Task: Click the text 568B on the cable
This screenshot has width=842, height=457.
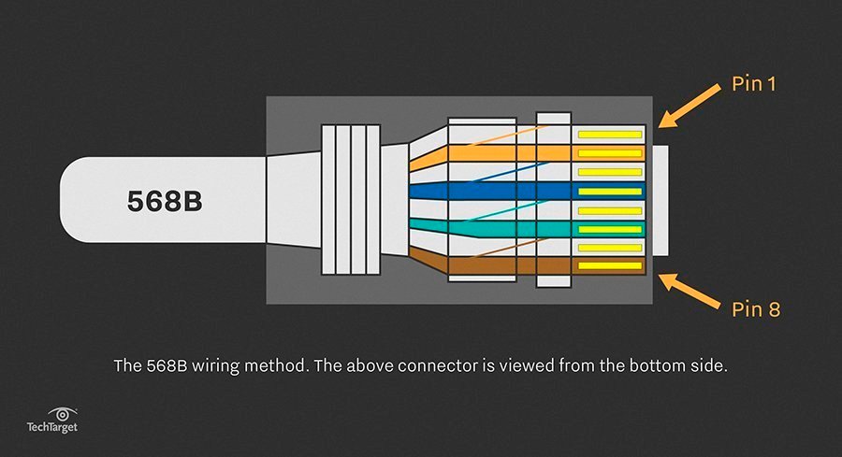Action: pyautogui.click(x=164, y=200)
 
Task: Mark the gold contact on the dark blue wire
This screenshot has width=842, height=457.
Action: pyautogui.click(x=610, y=192)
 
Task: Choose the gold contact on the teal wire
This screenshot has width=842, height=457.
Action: pyautogui.click(x=610, y=229)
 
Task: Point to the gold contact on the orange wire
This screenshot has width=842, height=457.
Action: pyautogui.click(x=610, y=153)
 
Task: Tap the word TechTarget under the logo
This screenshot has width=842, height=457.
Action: pyautogui.click(x=51, y=427)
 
